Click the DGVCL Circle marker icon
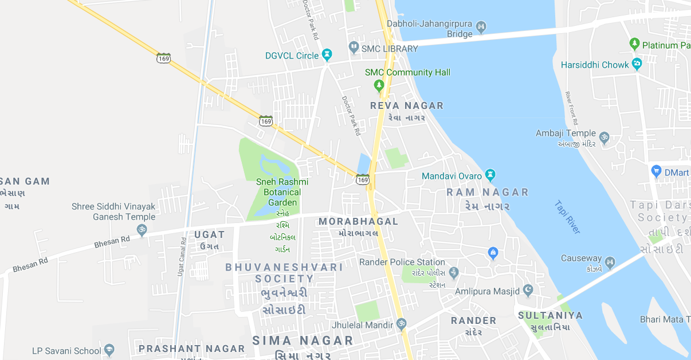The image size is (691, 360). click(327, 55)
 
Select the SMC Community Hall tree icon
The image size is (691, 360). click(378, 85)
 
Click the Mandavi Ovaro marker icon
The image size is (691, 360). click(490, 174)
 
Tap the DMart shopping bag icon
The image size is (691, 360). click(657, 171)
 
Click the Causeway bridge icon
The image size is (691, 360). click(610, 263)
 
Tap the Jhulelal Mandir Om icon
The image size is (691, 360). click(401, 324)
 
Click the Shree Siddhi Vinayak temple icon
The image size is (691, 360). click(142, 230)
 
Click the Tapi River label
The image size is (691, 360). click(567, 217)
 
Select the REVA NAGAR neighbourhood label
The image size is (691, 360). click(407, 105)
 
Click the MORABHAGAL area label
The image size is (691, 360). click(358, 221)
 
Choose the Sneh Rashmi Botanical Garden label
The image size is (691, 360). click(282, 192)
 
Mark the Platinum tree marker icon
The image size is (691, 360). click(634, 44)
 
